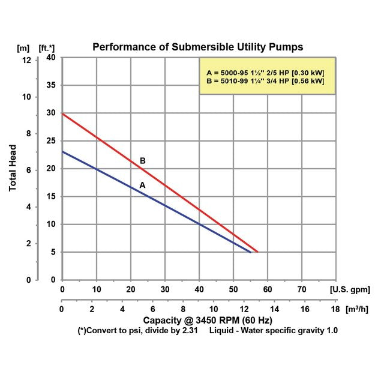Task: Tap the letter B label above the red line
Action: tap(142, 161)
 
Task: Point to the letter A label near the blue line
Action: tap(142, 185)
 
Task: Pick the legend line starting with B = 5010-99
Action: tap(265, 81)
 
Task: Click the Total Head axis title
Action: tap(13, 169)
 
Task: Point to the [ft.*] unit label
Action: tap(47, 47)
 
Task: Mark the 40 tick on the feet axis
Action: tap(52, 58)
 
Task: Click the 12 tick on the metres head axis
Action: tap(25, 60)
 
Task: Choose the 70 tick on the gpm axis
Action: tap(302, 289)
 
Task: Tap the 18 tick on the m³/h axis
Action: tap(334, 309)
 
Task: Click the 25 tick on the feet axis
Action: tap(52, 141)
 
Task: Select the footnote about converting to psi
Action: tap(143, 331)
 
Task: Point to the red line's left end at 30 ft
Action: tap(64, 114)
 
